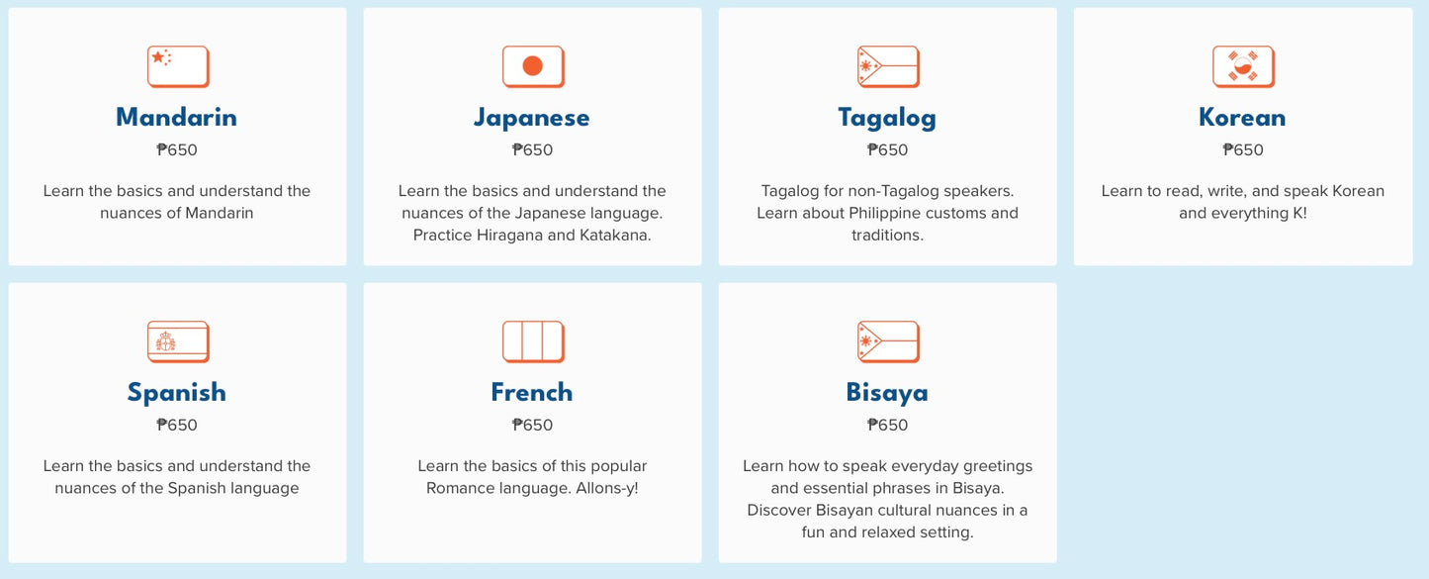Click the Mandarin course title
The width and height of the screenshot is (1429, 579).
[x=177, y=118]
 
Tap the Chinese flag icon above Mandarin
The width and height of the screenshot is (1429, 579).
[x=178, y=66]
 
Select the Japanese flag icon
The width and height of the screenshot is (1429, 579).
[x=533, y=66]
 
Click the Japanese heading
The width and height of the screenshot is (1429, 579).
[x=532, y=118]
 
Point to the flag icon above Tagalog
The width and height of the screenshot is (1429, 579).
[x=889, y=66]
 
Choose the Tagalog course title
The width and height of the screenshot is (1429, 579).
[x=887, y=119]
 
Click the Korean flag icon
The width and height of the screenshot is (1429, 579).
[x=1243, y=66]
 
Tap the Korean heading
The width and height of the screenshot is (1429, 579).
[x=1242, y=118]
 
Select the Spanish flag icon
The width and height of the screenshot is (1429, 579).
[x=178, y=341]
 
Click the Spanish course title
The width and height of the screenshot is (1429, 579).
[x=177, y=393]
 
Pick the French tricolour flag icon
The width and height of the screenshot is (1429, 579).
[x=533, y=341]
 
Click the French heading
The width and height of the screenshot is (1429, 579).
[x=532, y=393]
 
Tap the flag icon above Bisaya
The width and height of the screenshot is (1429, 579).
[x=889, y=341]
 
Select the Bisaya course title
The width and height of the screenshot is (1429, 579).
[x=887, y=393]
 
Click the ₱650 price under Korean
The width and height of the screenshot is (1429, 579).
[x=1243, y=150]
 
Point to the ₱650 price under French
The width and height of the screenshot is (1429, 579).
[x=532, y=426]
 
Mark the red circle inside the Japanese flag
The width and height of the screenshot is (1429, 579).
[x=533, y=65]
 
